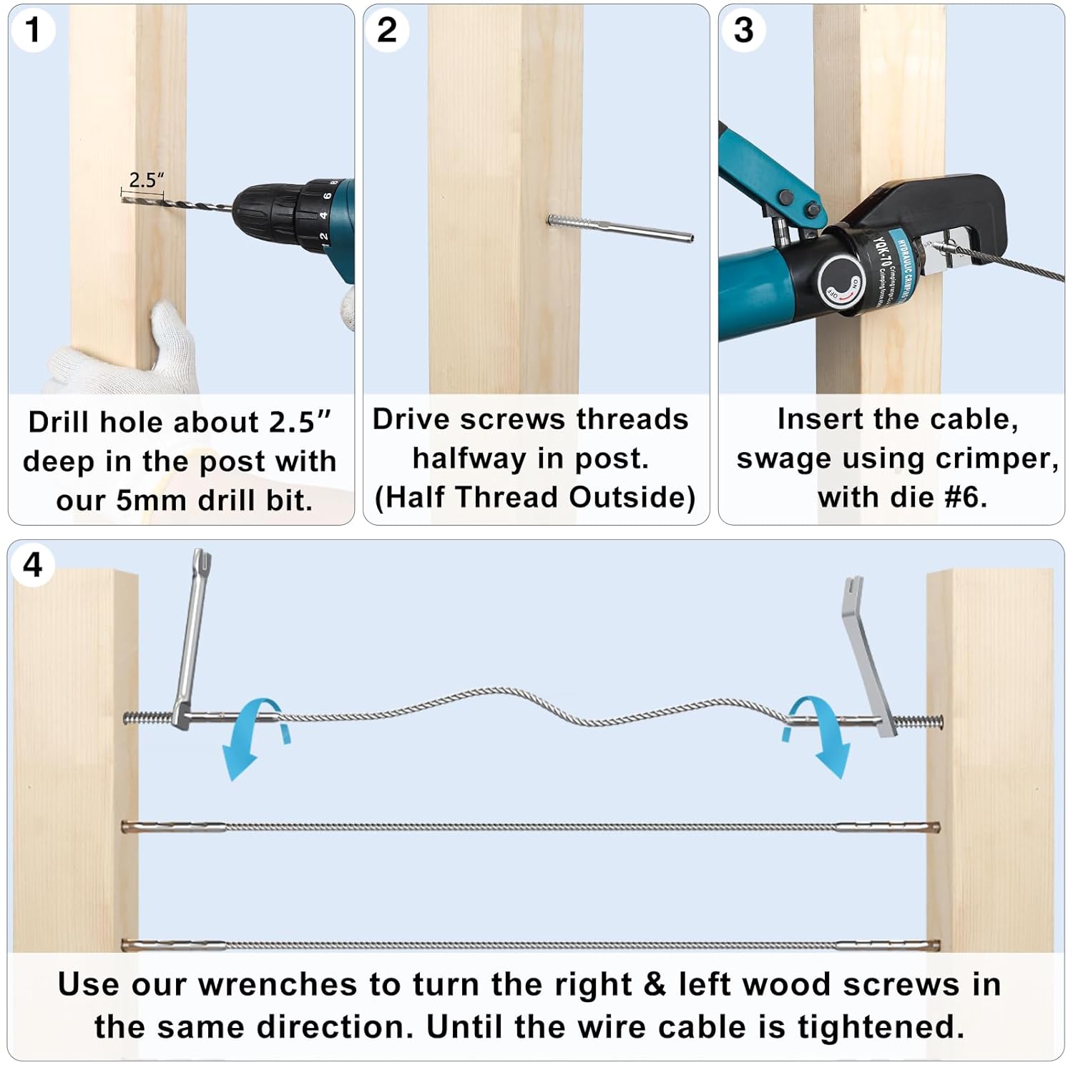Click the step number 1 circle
(x=32, y=30)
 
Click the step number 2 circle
(x=386, y=30)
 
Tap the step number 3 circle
(x=743, y=30)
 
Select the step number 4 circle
(x=32, y=565)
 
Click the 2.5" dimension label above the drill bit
(x=146, y=180)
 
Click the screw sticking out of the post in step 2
(x=619, y=228)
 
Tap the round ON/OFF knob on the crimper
(x=841, y=282)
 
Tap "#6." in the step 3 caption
(x=966, y=497)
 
